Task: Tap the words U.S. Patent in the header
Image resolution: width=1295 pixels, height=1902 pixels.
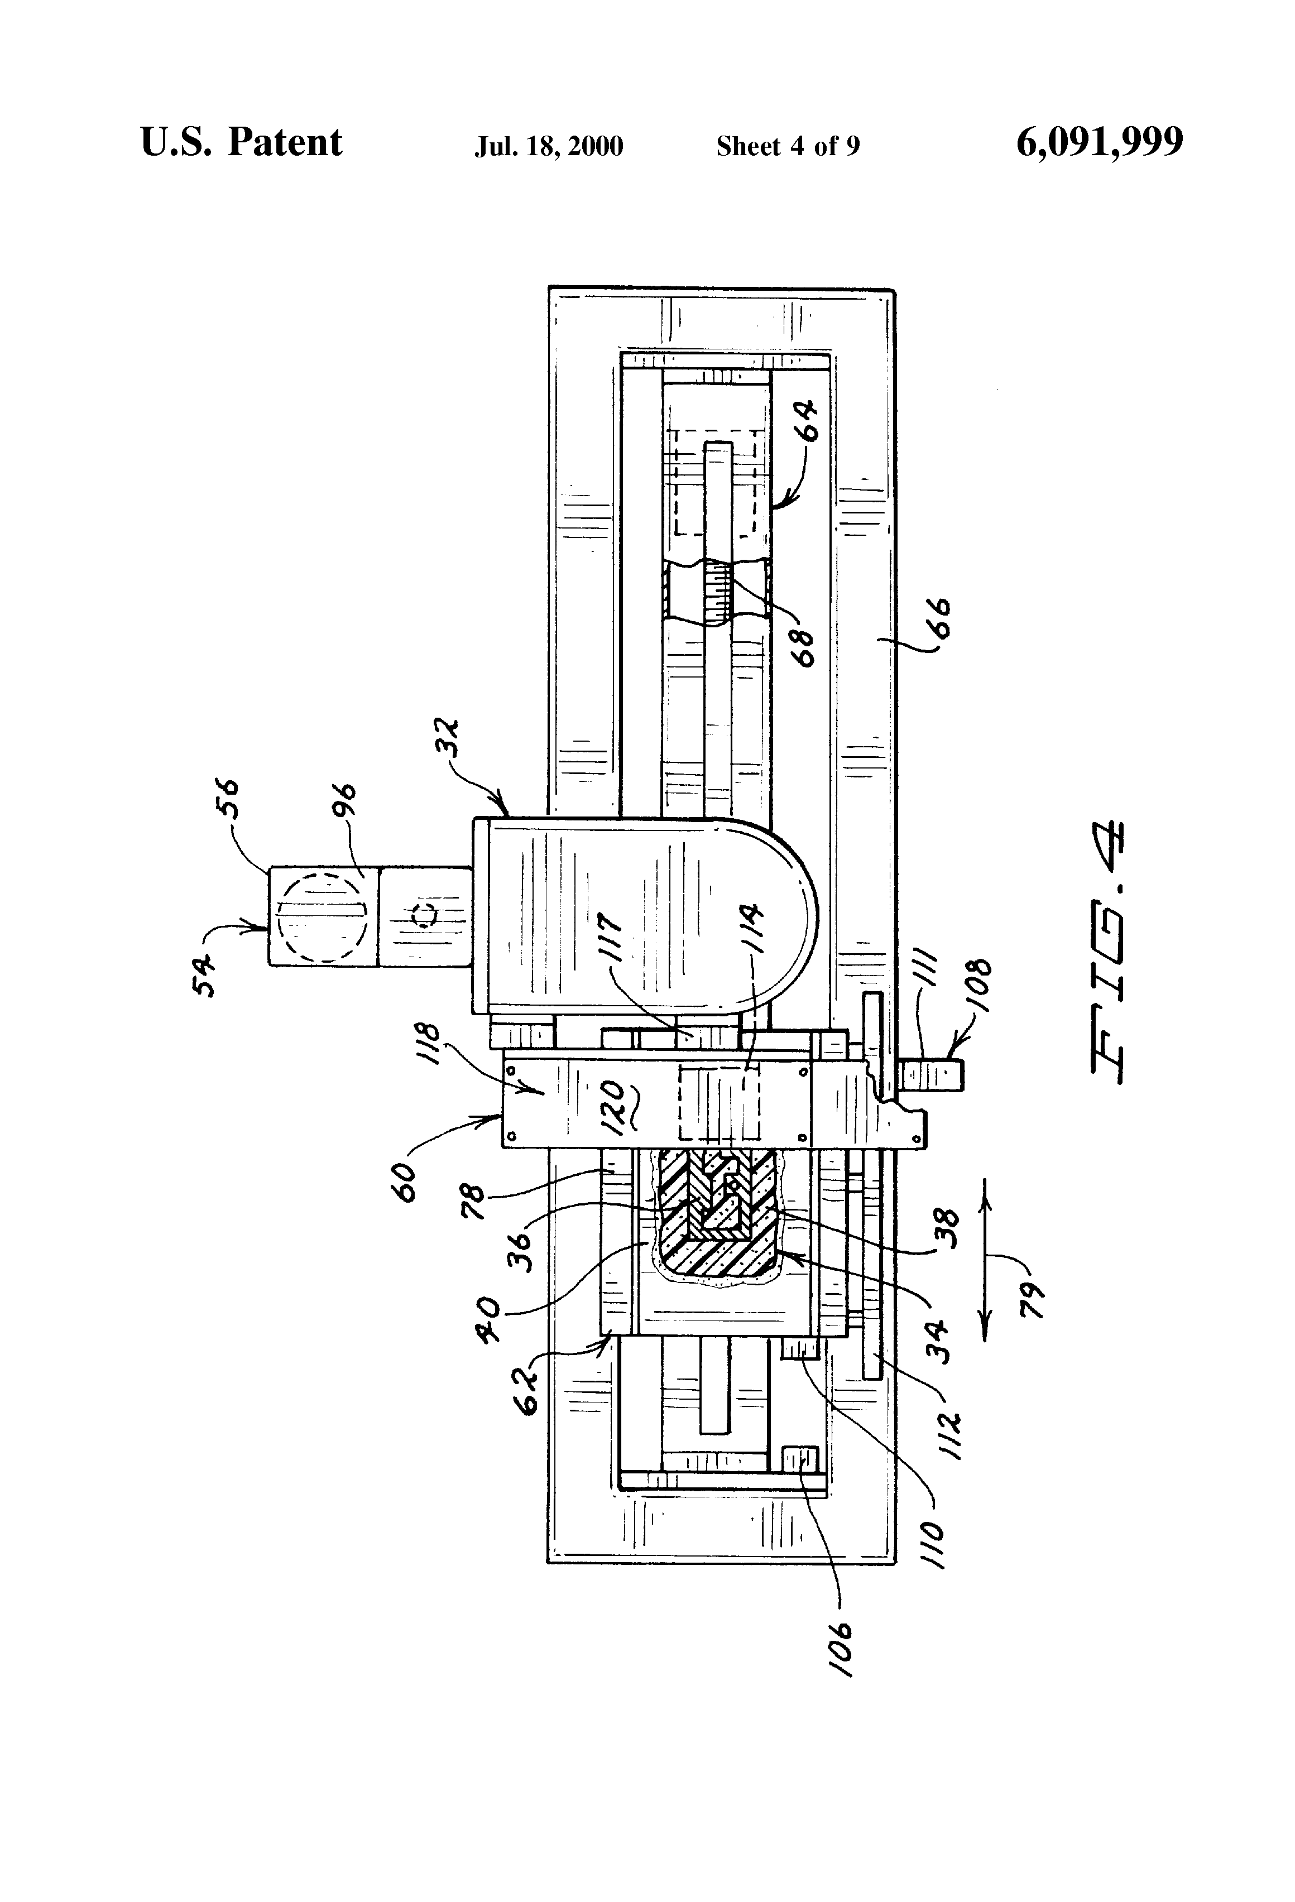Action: (x=242, y=142)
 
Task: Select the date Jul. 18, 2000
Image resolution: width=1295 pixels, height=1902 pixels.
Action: (x=549, y=146)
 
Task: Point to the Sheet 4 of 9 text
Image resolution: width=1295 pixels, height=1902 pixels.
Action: (x=788, y=146)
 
